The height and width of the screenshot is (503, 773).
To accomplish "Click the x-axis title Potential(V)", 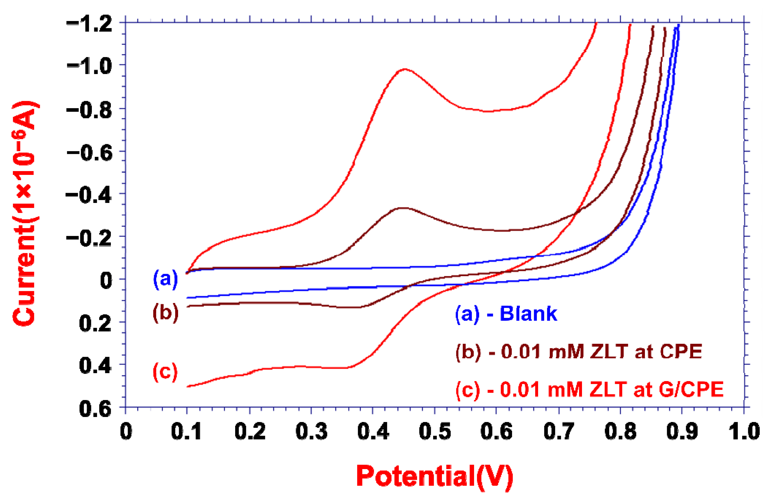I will [435, 476].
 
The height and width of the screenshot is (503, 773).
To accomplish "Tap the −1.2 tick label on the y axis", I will [89, 24].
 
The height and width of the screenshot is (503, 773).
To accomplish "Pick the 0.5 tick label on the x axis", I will [435, 431].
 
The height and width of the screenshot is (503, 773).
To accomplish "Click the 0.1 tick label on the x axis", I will [186, 431].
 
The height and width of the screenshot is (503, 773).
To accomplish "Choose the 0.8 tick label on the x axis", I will [620, 431].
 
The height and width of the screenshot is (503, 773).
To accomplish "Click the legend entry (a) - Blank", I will [506, 314].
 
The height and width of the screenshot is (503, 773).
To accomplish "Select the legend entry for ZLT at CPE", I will [579, 351].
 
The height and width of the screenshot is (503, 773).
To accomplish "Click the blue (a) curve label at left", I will [166, 279].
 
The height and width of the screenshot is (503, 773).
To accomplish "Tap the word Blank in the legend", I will [528, 314].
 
